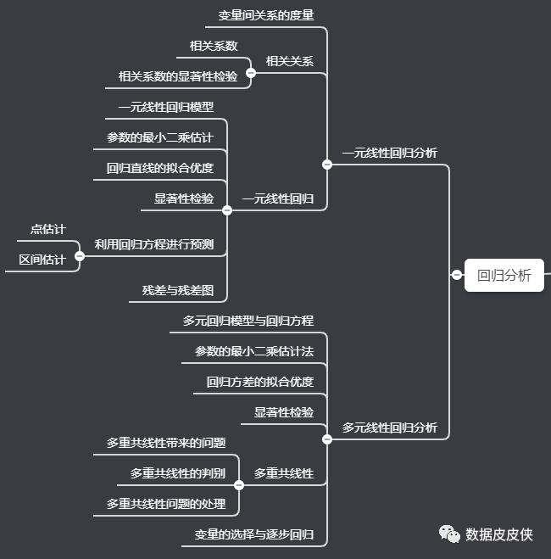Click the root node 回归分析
pos(504,275)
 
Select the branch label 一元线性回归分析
pos(389,154)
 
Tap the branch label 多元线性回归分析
pos(389,428)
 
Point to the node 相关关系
pos(289,61)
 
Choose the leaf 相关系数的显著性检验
pos(177,76)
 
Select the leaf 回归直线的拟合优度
pos(159,168)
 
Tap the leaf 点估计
pos(47,229)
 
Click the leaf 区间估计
pos(42,260)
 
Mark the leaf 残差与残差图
pos(177,290)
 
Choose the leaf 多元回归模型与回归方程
pos(248,321)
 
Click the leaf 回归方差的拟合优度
pos(259,382)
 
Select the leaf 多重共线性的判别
pos(177,473)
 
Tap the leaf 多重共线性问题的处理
pos(165,504)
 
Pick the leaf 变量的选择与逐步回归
pos(253,534)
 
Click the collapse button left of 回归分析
pos(457,274)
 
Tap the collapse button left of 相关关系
pos(251,73)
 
